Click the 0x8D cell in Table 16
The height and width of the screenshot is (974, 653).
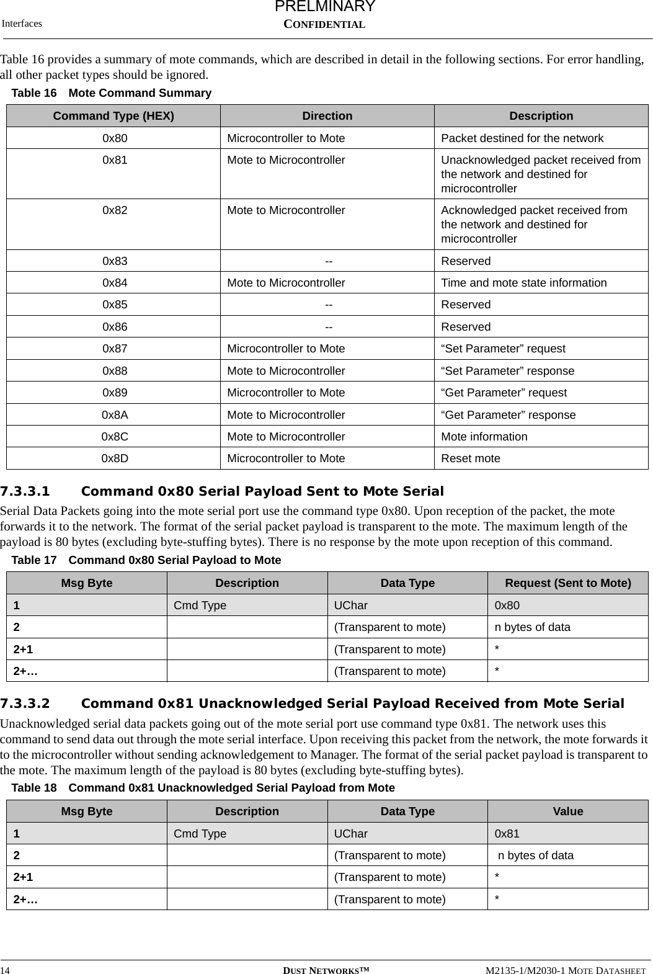[115, 458]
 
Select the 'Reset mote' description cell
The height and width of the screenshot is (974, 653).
[471, 458]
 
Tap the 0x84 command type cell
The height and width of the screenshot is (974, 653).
[115, 283]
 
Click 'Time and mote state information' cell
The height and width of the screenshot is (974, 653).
[524, 283]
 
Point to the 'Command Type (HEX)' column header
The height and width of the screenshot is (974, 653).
[113, 116]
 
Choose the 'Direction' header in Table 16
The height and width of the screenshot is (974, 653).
[327, 116]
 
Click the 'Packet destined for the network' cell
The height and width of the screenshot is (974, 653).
[522, 138]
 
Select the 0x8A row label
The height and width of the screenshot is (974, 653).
[115, 415]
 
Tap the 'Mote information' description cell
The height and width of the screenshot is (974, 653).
[484, 437]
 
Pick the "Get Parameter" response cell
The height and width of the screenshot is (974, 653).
[508, 415]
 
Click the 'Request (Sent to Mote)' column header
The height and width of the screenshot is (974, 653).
[568, 583]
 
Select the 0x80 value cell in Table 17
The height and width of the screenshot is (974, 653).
[507, 605]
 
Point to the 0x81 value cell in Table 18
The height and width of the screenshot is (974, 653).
[507, 834]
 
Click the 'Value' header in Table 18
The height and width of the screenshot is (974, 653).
[568, 811]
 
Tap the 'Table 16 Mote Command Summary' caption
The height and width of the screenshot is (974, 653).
[112, 93]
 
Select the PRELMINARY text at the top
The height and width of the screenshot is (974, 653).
[325, 7]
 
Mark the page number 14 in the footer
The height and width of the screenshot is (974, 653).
[6, 970]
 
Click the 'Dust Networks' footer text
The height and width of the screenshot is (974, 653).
[326, 970]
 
